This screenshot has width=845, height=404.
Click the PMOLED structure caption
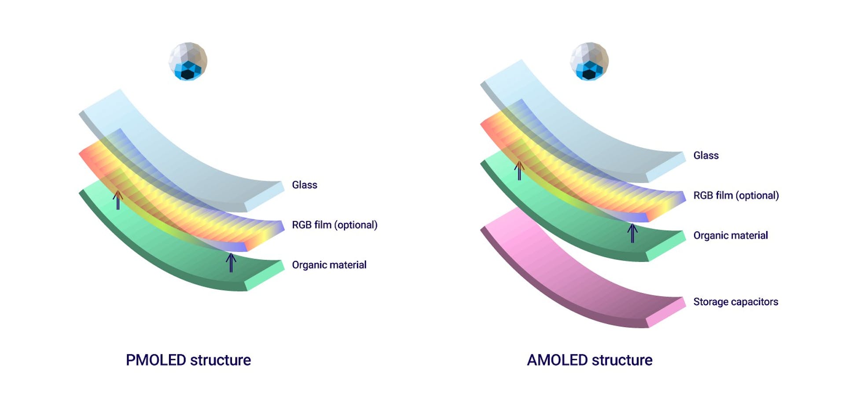coord(188,360)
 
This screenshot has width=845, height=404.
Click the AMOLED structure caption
coord(589,360)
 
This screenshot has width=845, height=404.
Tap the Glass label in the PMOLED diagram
coord(304,185)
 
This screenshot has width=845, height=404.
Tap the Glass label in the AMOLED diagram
coord(705,155)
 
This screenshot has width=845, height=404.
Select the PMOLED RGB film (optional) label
coord(334,225)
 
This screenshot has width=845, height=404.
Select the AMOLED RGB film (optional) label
coord(736,195)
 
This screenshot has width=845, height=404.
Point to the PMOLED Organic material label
coord(329,265)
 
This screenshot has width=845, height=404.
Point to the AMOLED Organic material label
coord(730,235)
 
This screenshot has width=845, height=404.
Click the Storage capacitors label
coord(735,302)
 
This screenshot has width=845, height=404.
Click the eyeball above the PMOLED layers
coord(188,62)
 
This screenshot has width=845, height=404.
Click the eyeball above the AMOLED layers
coord(589,62)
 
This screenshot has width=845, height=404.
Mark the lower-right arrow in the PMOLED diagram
coord(231,262)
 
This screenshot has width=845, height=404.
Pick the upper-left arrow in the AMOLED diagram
coord(519,170)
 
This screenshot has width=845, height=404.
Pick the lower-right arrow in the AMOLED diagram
coord(632,233)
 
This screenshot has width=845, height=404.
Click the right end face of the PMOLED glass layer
coord(264,196)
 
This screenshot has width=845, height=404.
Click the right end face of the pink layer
coord(666,312)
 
